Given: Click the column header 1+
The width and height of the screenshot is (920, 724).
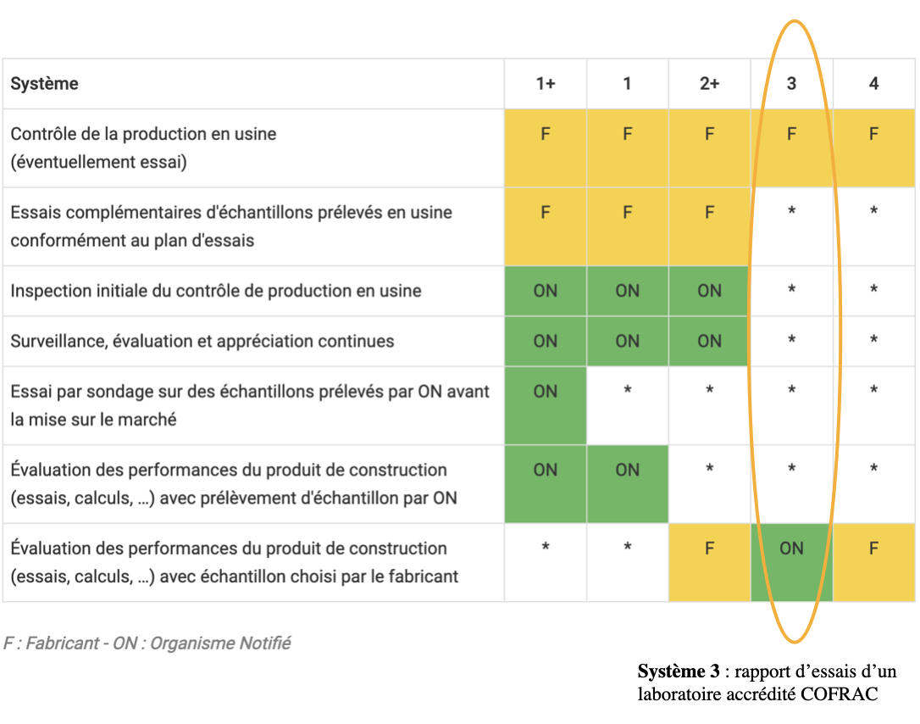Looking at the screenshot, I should tap(545, 83).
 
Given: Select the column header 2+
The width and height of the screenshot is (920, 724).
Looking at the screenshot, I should tap(709, 83).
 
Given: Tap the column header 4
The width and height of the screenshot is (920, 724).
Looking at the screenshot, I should tap(873, 83).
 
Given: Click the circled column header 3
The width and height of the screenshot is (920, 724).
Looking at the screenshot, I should tap(791, 83).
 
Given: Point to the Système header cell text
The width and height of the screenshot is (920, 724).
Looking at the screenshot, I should tap(44, 83).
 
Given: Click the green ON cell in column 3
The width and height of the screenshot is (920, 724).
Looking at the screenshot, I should tap(791, 549).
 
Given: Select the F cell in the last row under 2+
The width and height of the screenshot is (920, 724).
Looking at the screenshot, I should tap(709, 549).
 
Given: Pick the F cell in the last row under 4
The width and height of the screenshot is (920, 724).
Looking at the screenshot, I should tap(873, 549).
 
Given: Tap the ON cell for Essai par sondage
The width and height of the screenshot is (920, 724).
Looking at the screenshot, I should tap(545, 392).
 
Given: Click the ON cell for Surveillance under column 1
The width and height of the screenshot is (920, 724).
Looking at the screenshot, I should tap(627, 341).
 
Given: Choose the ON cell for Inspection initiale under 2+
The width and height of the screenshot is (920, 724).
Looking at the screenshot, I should tap(709, 291).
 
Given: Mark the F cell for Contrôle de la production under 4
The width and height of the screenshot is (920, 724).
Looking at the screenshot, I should tap(873, 134).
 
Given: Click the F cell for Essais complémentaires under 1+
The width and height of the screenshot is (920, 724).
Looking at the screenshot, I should tap(545, 213).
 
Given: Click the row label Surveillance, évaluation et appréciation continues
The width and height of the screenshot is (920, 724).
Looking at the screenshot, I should tap(202, 341).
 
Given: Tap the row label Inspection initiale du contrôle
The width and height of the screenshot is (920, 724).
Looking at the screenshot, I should tap(215, 291).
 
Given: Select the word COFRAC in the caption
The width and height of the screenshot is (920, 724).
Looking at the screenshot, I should tap(843, 694).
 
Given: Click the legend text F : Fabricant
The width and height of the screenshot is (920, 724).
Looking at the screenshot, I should tap(51, 643).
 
